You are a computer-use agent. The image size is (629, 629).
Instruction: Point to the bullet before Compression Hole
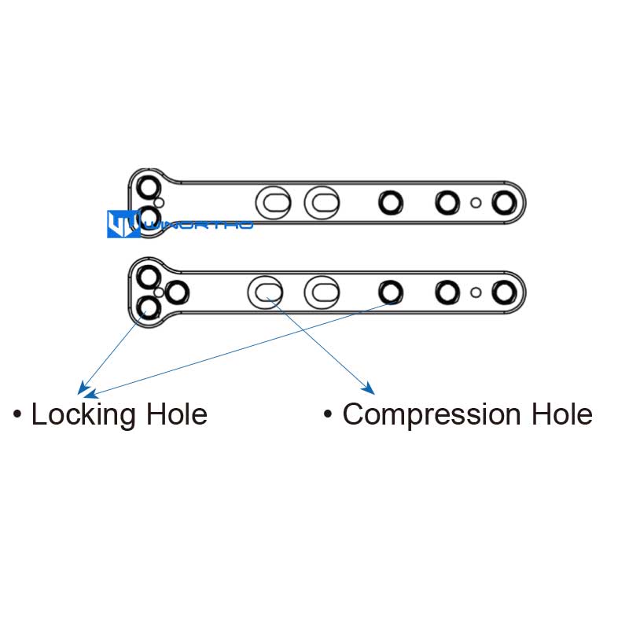(x=328, y=414)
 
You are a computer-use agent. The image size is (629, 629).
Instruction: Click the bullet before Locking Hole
(x=17, y=414)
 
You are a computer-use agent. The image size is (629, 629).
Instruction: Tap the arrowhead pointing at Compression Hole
(x=368, y=388)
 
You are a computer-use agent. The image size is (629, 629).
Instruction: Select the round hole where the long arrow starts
(x=389, y=292)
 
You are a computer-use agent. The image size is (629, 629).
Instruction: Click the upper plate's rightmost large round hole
(x=503, y=203)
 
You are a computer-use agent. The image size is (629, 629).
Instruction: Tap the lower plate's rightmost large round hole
(x=503, y=292)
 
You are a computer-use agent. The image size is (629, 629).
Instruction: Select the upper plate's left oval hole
(x=275, y=202)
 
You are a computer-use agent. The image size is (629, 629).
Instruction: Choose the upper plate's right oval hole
(x=322, y=202)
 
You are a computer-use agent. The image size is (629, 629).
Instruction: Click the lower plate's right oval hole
(x=322, y=292)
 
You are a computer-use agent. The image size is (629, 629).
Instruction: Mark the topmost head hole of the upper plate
(x=147, y=188)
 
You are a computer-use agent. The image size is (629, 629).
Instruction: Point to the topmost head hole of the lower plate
(x=147, y=277)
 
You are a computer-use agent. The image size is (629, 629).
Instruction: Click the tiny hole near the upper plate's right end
(x=476, y=203)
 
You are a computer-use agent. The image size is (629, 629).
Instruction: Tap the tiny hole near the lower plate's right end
(x=476, y=292)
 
